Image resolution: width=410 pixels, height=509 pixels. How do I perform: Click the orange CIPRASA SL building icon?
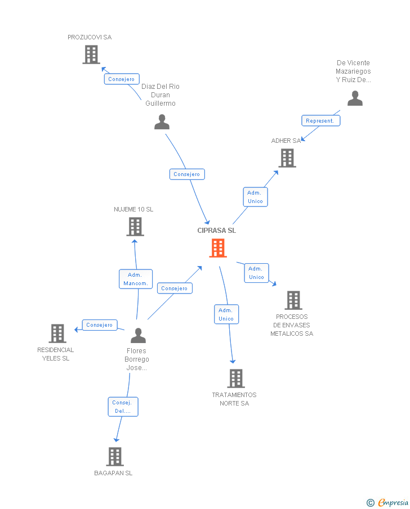point(218,247)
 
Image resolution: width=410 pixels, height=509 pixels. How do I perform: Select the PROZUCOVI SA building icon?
point(91,55)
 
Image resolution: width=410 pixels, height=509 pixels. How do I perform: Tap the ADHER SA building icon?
point(288,158)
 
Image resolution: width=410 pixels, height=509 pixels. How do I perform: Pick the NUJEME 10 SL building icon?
point(135,227)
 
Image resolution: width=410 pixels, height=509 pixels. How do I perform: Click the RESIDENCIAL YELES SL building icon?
point(57,334)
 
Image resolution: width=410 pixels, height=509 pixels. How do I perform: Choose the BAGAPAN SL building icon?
point(115,456)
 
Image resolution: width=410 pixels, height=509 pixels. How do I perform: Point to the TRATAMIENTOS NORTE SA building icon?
point(236,379)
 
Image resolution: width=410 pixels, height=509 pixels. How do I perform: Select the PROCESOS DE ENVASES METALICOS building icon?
point(293,300)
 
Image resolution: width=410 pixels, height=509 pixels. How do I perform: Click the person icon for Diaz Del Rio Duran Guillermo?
point(162,122)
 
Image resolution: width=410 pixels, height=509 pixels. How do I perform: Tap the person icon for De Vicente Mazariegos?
point(355,98)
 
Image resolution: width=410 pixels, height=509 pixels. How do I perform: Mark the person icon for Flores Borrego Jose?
point(138,336)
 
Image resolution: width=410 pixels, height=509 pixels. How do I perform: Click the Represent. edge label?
point(320,120)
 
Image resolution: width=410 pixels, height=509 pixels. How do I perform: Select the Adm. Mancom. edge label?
point(136,279)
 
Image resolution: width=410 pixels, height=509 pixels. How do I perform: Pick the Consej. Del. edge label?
point(123,407)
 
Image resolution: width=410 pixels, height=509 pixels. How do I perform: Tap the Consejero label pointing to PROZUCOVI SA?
point(121,79)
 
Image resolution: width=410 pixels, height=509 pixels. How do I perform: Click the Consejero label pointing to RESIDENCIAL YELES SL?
point(100,325)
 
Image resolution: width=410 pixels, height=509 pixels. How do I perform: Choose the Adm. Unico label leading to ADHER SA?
point(255,197)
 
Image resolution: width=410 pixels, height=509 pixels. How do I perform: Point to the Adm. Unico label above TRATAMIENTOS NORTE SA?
point(226,314)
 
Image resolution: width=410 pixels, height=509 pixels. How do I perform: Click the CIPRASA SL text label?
point(217,231)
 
